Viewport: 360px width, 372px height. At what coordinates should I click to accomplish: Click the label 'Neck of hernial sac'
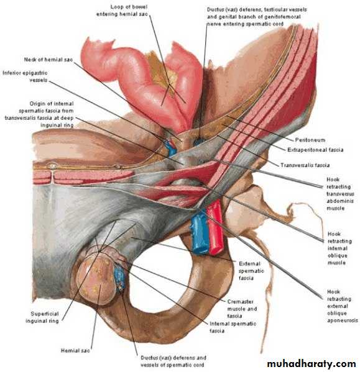[x=48, y=60]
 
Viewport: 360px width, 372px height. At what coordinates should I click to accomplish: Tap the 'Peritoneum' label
[x=310, y=140]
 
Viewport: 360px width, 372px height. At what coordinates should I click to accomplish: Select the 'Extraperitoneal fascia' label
[x=315, y=150]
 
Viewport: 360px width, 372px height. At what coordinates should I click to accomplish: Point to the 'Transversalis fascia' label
[x=305, y=165]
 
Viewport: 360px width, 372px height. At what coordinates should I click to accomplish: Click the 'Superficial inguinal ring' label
[x=42, y=317]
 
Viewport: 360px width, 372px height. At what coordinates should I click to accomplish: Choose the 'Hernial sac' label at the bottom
[x=75, y=350]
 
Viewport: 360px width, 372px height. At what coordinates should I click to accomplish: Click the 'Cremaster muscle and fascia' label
[x=242, y=309]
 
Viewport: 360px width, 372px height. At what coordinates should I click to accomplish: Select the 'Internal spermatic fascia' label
[x=233, y=327]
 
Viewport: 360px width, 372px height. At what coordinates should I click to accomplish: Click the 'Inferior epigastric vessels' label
[x=25, y=76]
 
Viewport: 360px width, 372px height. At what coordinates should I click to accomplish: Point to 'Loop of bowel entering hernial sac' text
[x=122, y=11]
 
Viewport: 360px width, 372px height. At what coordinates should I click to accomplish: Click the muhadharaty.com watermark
[x=312, y=364]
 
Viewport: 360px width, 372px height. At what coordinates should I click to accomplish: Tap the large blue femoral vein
[x=199, y=234]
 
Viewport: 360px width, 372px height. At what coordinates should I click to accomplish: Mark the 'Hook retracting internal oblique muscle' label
[x=339, y=248]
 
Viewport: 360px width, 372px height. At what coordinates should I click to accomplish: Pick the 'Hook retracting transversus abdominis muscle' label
[x=340, y=194]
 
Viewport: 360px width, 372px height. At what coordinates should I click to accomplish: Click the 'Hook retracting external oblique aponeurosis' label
[x=342, y=306]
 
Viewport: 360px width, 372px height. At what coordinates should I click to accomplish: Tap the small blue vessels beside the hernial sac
[x=119, y=277]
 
